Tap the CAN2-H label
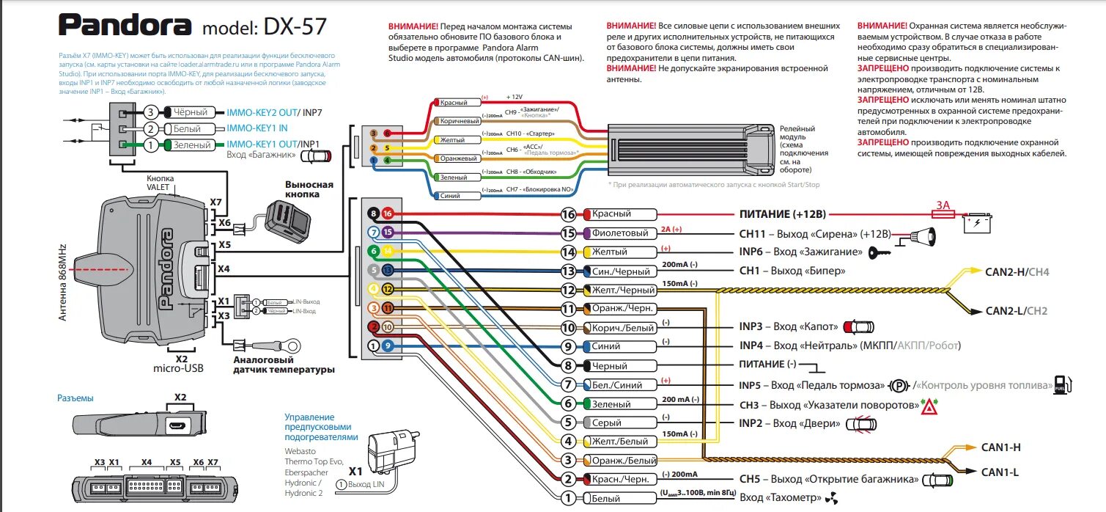click(x=1006, y=272)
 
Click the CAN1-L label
click(x=1000, y=472)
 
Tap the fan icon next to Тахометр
click(x=830, y=499)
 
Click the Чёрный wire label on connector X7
click(x=192, y=113)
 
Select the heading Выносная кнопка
click(x=309, y=189)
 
